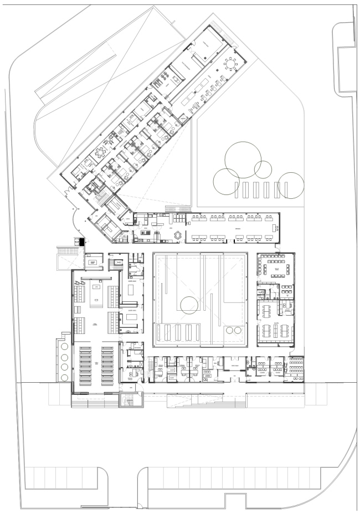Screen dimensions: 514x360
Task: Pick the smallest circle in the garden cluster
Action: click(261, 167)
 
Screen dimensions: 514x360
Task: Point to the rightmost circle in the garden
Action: click(291, 185)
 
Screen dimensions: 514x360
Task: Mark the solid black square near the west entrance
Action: click(82, 241)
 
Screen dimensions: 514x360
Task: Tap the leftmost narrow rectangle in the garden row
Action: click(239, 190)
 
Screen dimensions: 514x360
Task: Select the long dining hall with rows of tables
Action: click(232, 227)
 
